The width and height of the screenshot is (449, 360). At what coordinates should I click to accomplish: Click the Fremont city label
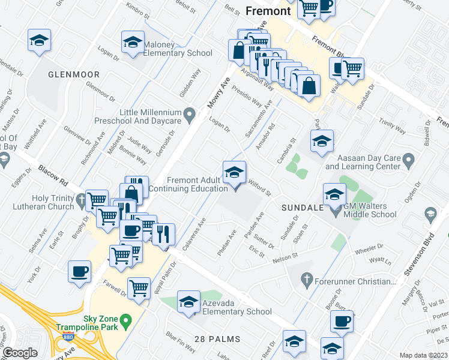pyautogui.click(x=268, y=11)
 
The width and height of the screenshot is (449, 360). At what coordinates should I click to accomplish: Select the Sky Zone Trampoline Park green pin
pyautogui.click(x=125, y=322)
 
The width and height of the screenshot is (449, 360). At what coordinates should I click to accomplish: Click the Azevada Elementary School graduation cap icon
pyautogui.click(x=188, y=302)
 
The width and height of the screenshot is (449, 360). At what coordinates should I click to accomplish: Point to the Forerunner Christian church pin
pyautogui.click(x=306, y=280)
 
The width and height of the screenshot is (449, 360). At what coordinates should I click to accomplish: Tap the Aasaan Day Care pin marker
pyautogui.click(x=409, y=160)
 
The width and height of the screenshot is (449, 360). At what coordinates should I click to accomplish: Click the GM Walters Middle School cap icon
pyautogui.click(x=334, y=194)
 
